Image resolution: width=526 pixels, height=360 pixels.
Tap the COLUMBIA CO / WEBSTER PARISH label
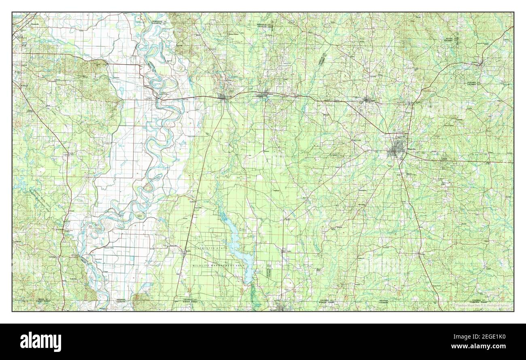(x=328, y=301)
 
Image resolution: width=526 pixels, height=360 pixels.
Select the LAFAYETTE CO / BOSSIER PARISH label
(x=187, y=301)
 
